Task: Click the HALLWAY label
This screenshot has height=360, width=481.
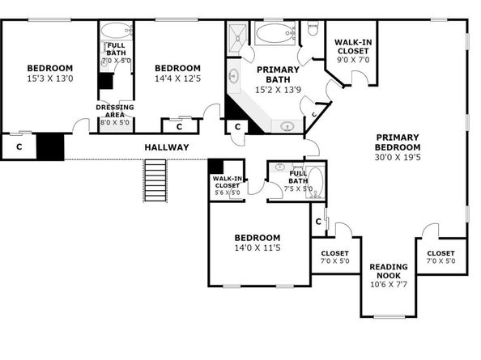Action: click(x=167, y=147)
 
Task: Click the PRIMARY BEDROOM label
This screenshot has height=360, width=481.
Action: click(x=398, y=142)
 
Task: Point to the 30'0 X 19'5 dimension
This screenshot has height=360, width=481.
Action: click(x=398, y=159)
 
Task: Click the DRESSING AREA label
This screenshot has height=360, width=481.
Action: click(x=115, y=111)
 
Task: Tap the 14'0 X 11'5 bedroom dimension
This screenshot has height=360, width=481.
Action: click(x=257, y=248)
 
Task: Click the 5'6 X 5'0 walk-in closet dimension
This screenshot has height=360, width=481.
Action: click(x=227, y=193)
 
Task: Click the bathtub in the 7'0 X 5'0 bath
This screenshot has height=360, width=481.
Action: click(x=115, y=35)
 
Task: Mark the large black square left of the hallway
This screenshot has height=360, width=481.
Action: click(x=51, y=146)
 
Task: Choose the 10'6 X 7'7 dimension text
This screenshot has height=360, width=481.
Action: click(x=389, y=284)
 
